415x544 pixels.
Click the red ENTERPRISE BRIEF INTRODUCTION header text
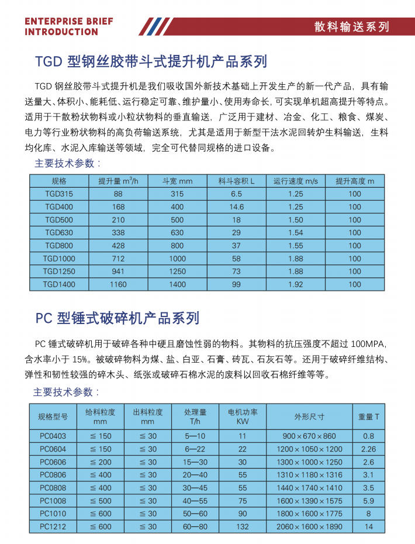(x=69, y=26)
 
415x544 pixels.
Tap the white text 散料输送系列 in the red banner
(x=351, y=26)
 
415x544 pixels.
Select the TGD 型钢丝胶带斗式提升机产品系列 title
(x=151, y=61)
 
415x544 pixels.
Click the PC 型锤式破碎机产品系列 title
(x=117, y=318)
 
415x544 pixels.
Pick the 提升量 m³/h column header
(x=118, y=181)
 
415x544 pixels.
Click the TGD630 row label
(x=59, y=233)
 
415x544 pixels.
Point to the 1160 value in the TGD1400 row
(x=118, y=284)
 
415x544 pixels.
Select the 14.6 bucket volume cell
(x=236, y=206)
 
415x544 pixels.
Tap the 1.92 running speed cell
(x=296, y=284)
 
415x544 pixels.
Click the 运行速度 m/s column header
(x=296, y=181)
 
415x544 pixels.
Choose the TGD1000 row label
(x=59, y=259)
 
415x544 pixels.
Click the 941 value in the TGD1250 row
(x=118, y=271)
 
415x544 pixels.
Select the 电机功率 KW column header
(x=243, y=416)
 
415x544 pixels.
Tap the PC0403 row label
(x=53, y=436)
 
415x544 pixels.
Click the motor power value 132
(x=243, y=526)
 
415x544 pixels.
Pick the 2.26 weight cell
(x=368, y=449)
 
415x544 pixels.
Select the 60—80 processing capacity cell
(x=195, y=526)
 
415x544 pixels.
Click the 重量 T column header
(x=368, y=416)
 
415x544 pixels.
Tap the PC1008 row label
(x=53, y=501)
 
